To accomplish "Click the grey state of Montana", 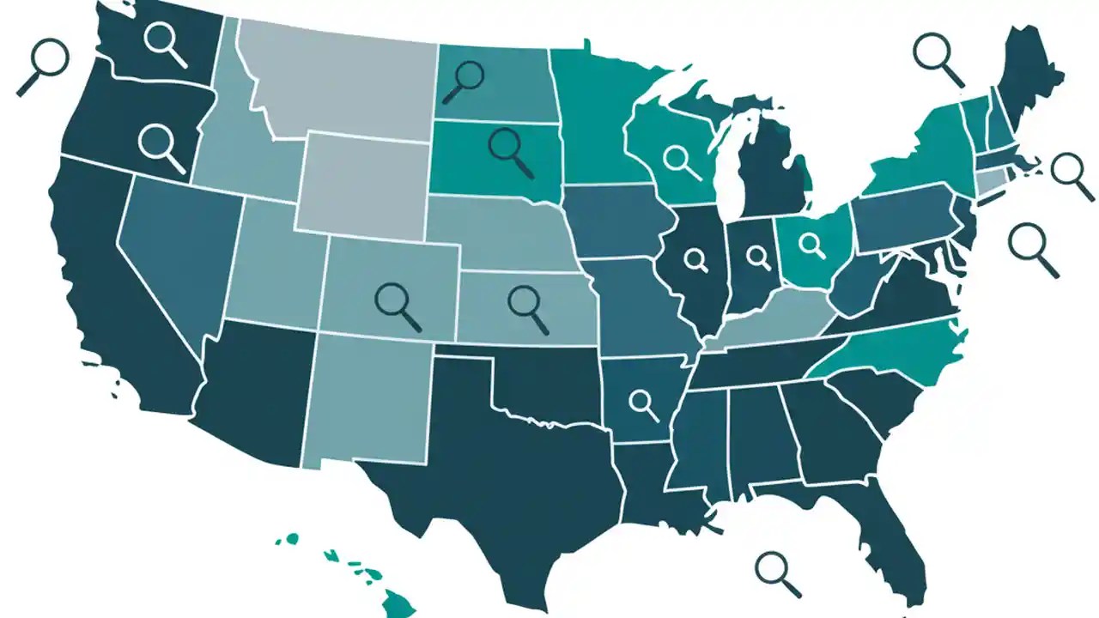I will (x=343, y=77).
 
